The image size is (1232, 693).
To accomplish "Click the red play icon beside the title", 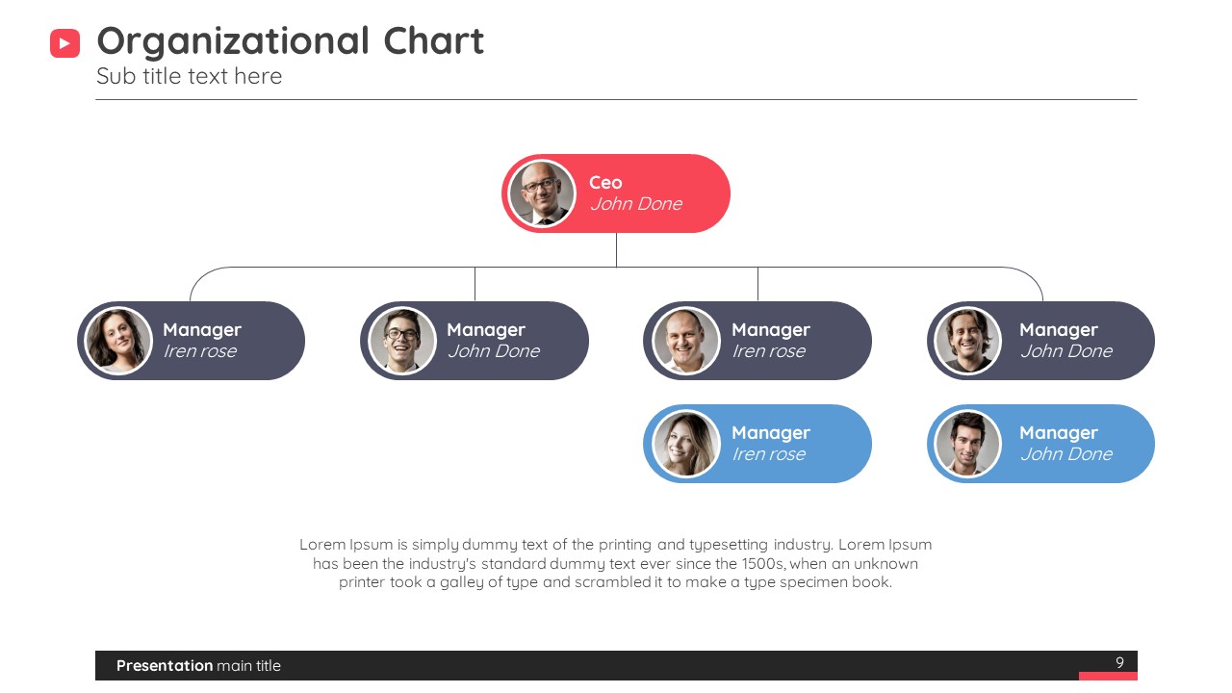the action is (64, 43).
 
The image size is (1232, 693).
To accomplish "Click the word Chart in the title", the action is (433, 40).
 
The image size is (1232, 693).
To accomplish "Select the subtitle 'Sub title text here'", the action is (190, 76).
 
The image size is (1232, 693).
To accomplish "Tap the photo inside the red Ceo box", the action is (542, 193).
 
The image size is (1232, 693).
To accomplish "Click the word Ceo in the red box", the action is (605, 183).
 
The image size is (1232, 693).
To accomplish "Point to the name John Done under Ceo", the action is (636, 204).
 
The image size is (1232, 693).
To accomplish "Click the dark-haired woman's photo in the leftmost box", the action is (117, 341).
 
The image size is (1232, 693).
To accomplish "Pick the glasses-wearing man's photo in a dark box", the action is (402, 341).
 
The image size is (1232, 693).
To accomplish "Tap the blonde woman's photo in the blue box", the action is (686, 444).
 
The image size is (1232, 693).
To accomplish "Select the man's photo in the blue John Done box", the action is (968, 444).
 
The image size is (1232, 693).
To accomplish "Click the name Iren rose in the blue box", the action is (769, 454).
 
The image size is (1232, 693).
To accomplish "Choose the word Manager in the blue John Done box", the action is (1059, 433).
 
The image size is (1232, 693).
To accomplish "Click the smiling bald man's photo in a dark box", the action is (686, 341).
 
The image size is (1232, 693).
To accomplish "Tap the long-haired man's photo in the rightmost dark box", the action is (968, 341).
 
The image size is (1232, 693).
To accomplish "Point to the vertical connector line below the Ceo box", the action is (616, 249).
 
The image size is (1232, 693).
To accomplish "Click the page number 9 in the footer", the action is (1119, 662).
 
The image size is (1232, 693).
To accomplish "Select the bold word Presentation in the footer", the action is (165, 665).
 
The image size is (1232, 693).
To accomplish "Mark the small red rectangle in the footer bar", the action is (1108, 676).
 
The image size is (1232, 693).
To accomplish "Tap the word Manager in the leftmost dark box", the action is (202, 330).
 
